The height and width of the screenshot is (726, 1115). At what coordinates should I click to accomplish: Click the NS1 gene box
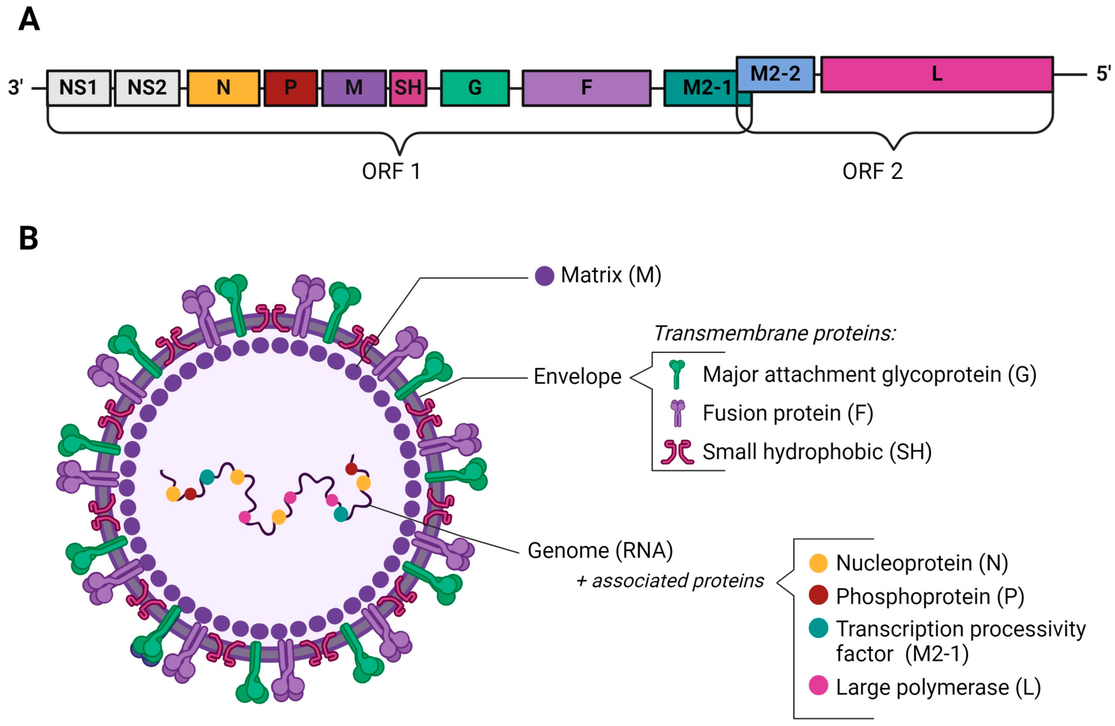pyautogui.click(x=79, y=88)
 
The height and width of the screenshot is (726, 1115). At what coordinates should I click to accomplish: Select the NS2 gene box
pyautogui.click(x=147, y=88)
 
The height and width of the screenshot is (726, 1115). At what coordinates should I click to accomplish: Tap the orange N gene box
pyautogui.click(x=223, y=88)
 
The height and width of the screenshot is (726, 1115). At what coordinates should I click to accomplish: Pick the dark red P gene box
pyautogui.click(x=291, y=88)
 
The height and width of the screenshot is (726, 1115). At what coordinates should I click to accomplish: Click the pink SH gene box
pyautogui.click(x=408, y=88)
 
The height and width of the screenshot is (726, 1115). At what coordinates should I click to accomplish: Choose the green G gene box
pyautogui.click(x=474, y=88)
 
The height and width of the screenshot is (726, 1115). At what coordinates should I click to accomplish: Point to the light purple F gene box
pyautogui.click(x=586, y=88)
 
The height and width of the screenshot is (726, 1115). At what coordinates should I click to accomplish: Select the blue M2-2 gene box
pyautogui.click(x=775, y=74)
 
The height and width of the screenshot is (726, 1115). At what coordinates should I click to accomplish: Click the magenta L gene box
pyautogui.click(x=937, y=74)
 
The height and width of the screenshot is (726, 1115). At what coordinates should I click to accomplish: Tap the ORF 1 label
pyautogui.click(x=391, y=172)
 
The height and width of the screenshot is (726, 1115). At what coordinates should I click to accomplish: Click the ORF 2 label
pyautogui.click(x=872, y=172)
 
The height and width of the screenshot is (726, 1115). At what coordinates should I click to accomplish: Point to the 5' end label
pyautogui.click(x=1103, y=74)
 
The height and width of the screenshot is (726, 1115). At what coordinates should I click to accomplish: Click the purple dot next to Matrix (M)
pyautogui.click(x=544, y=276)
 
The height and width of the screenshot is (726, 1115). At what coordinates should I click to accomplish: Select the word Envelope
pyautogui.click(x=577, y=377)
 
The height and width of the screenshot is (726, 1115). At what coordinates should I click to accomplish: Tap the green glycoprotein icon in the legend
pyautogui.click(x=677, y=374)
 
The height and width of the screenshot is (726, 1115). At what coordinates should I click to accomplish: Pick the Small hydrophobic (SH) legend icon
pyautogui.click(x=677, y=452)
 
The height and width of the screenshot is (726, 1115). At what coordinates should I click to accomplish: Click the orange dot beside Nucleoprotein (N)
pyautogui.click(x=818, y=563)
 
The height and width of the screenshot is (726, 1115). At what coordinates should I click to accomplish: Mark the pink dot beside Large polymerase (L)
pyautogui.click(x=818, y=686)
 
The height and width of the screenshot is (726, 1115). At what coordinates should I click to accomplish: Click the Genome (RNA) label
pyautogui.click(x=600, y=550)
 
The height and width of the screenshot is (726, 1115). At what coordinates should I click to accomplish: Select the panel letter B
pyautogui.click(x=28, y=239)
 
